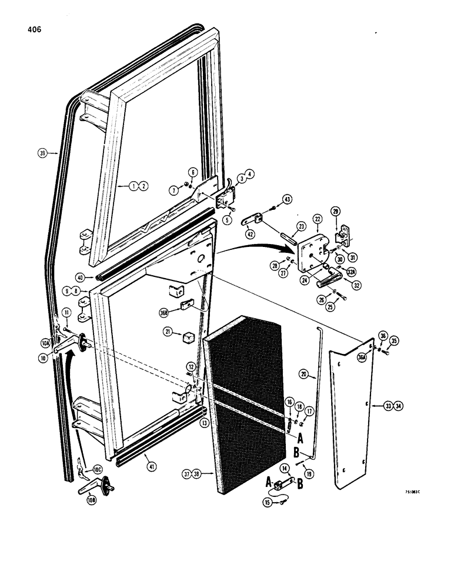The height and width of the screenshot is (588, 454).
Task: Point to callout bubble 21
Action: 169,333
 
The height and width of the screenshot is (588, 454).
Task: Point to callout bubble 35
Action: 394,340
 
